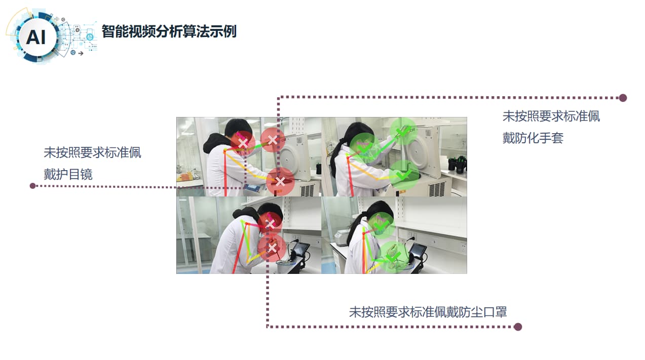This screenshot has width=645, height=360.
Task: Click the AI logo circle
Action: click(36, 37)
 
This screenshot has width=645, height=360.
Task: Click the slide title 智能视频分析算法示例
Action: click(169, 32)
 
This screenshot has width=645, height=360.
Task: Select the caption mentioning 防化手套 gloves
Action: click(551, 127)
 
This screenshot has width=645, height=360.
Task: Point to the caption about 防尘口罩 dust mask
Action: click(428, 312)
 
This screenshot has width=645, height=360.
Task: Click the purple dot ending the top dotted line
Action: click(623, 98)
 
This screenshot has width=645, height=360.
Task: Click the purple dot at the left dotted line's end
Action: click(33, 186)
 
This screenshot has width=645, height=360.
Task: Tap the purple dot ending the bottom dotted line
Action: click(518, 327)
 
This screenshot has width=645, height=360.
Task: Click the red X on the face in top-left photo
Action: click(243, 144)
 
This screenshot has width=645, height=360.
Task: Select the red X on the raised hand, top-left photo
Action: click(273, 140)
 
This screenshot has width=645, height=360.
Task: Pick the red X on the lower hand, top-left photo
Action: click(280, 181)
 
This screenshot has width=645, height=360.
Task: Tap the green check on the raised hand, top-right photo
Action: click(403, 132)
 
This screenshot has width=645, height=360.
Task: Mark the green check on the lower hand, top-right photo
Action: click(403, 175)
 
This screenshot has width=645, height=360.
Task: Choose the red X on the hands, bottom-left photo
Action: click(272, 248)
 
